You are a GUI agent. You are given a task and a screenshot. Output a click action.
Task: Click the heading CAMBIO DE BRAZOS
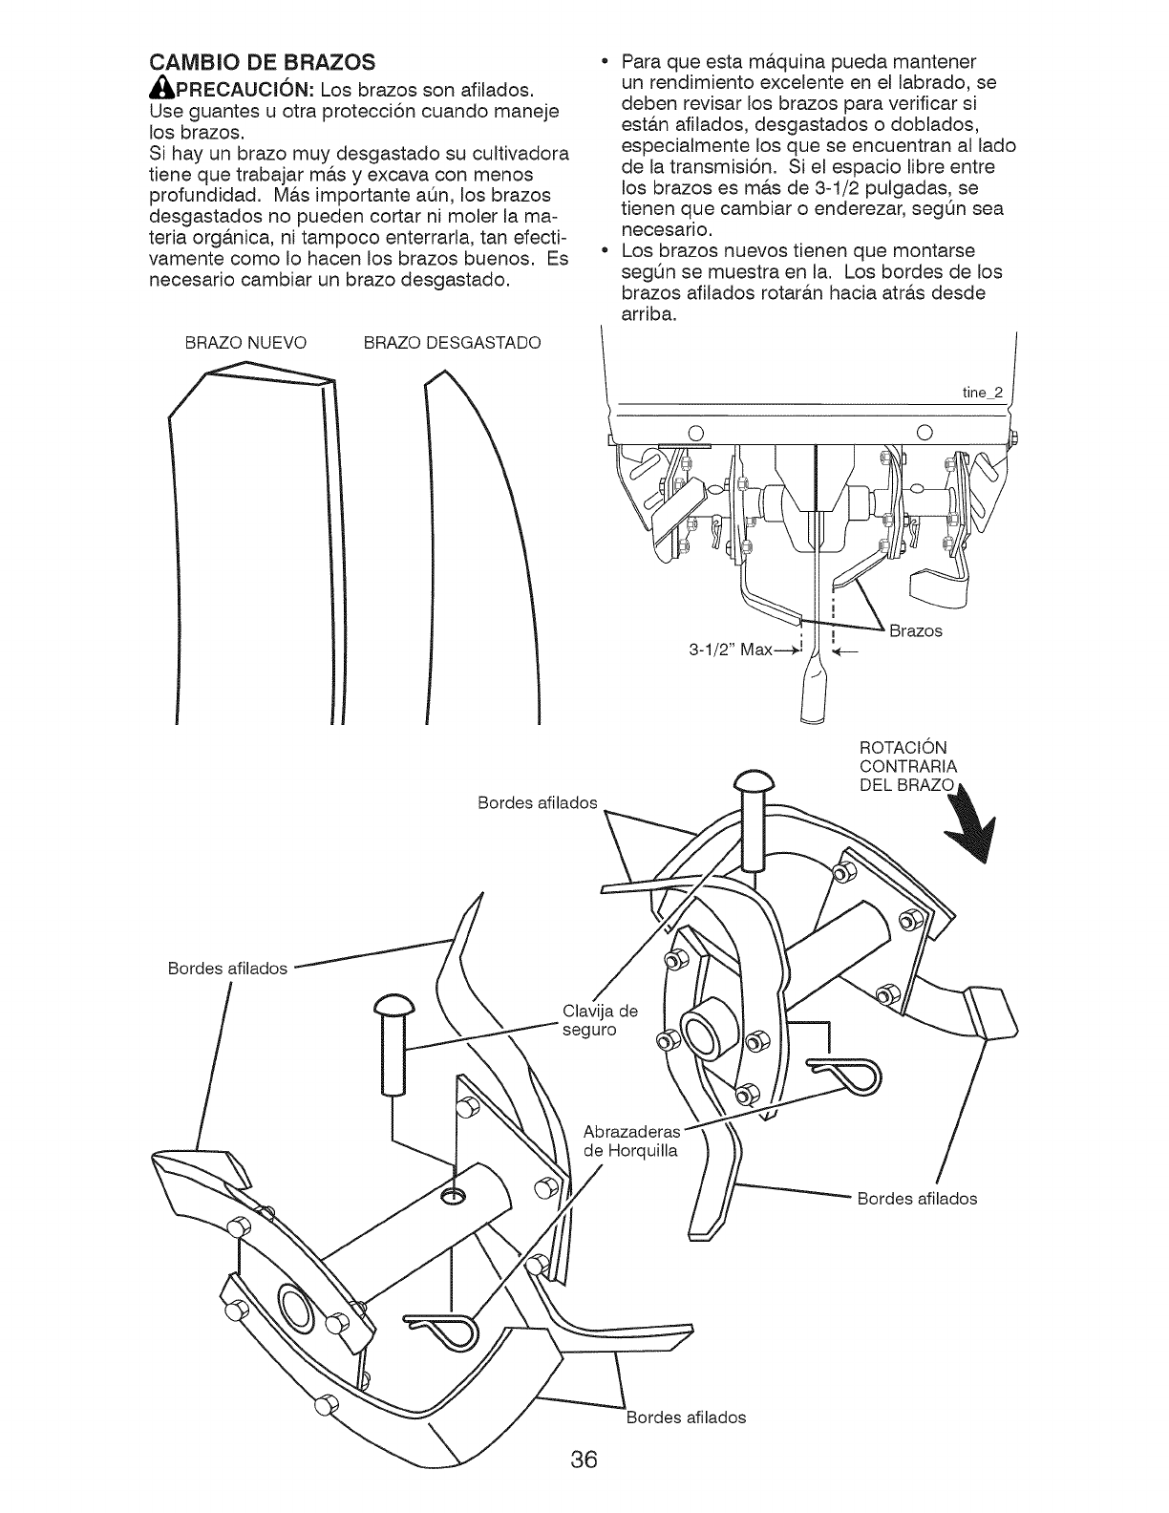[x=260, y=64]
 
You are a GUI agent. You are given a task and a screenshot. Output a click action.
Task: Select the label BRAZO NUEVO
[x=245, y=343]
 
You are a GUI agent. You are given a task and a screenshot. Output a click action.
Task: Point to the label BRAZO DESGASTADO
[x=452, y=343]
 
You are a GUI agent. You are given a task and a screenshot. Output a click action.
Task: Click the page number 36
[x=584, y=1460]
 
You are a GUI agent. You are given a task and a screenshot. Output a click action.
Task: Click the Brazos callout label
[x=915, y=631]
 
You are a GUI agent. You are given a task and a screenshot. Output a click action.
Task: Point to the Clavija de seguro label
[x=600, y=1020]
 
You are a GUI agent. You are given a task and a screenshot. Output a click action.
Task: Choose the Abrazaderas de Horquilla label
[x=630, y=1141]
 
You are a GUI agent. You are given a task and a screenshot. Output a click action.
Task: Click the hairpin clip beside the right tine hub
[x=845, y=1073]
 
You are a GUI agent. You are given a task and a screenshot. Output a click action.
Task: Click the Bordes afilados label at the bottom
[x=686, y=1417]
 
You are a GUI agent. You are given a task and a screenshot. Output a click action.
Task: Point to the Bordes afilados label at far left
[x=227, y=969]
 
